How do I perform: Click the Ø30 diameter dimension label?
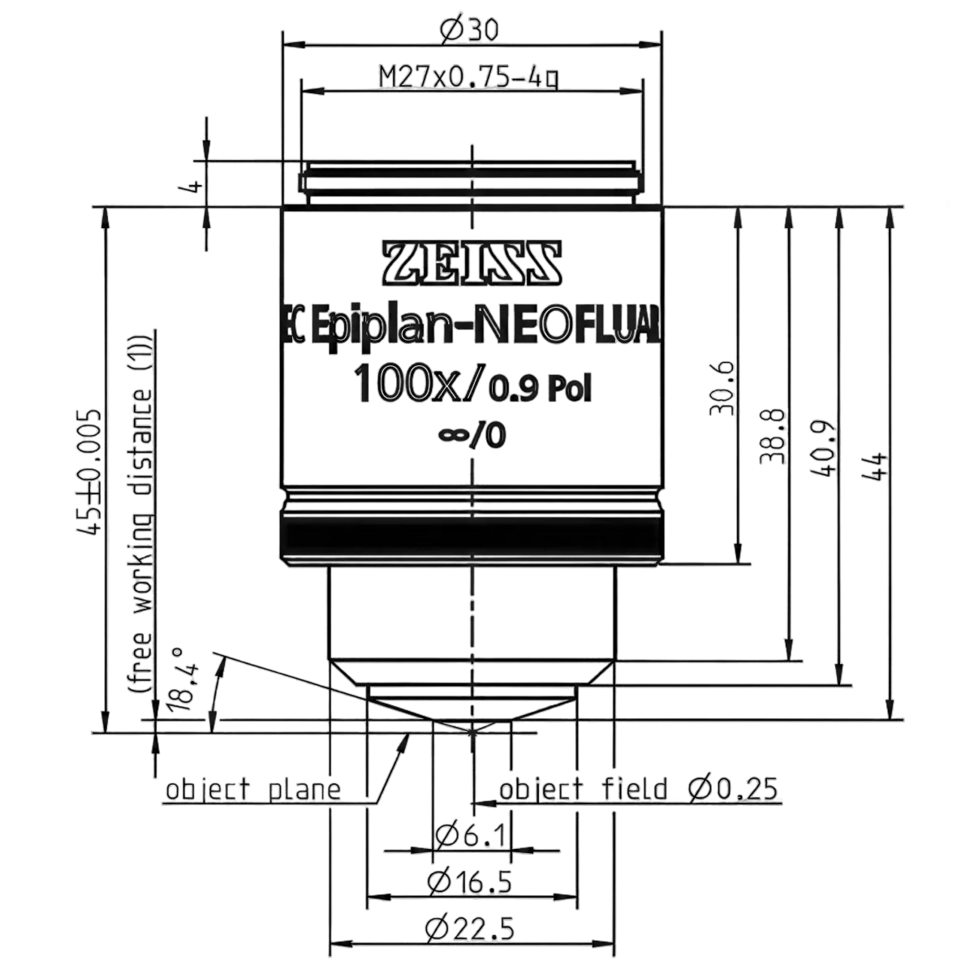coord(470,30)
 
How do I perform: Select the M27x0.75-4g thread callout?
coord(470,79)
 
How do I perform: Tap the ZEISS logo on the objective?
coord(472,262)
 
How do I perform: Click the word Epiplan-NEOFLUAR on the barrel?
coord(485,330)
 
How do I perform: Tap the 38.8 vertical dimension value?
coord(774,436)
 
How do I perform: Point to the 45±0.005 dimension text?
coord(91,472)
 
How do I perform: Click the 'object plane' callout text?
coord(253,790)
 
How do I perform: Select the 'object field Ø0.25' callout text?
coord(639,788)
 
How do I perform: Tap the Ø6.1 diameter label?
coord(470,835)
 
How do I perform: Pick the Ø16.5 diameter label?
coord(470,882)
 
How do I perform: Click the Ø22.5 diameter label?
coord(470,929)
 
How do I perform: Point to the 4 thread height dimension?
coord(194,185)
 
